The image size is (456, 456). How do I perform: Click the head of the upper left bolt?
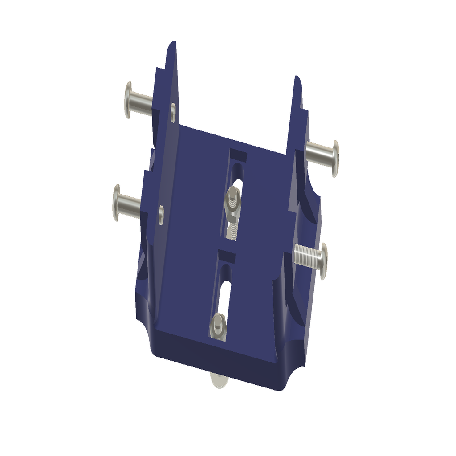pos(128,100)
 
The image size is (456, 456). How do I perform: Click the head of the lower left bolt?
pos(117,203)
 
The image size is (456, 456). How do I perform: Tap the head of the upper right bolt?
pos(335,158)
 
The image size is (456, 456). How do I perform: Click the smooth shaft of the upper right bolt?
pos(318,153)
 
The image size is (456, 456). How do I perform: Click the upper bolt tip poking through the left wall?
pos(173,112)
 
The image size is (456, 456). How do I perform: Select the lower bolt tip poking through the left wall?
pos(161,215)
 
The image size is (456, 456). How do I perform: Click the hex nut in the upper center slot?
pos(233,199)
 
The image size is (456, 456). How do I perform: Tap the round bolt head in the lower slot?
pos(218,324)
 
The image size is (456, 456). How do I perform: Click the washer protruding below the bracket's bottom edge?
pos(218,381)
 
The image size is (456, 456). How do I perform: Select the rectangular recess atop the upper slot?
pos(239,155)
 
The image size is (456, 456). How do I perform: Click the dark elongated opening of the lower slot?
pos(224,294)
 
